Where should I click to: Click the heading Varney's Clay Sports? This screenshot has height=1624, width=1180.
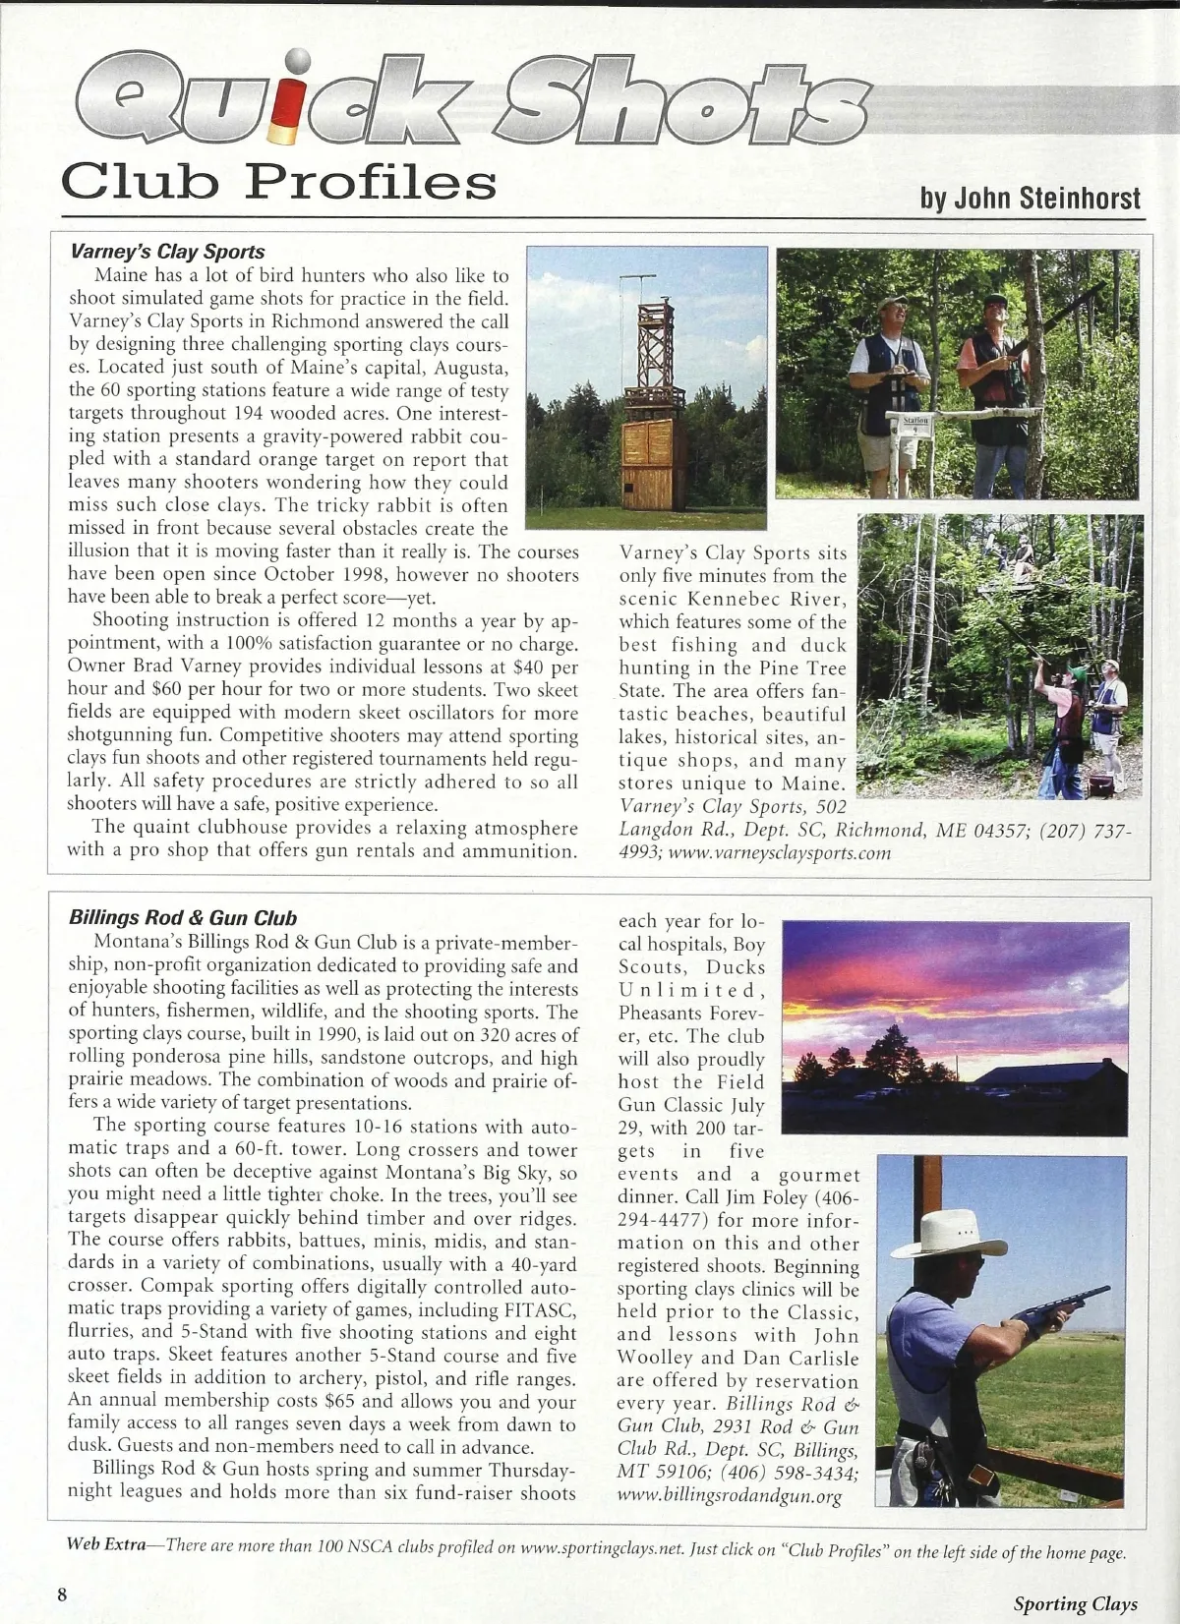coord(167,252)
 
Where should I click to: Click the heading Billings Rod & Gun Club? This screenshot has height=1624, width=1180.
coord(183,918)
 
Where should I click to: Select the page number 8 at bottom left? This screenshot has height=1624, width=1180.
coord(62,1594)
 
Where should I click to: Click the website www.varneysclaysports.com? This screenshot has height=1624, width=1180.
coord(779,853)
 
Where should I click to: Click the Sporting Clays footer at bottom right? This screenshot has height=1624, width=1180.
coord(1075,1604)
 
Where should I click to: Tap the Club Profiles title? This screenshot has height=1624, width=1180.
coord(278,181)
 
